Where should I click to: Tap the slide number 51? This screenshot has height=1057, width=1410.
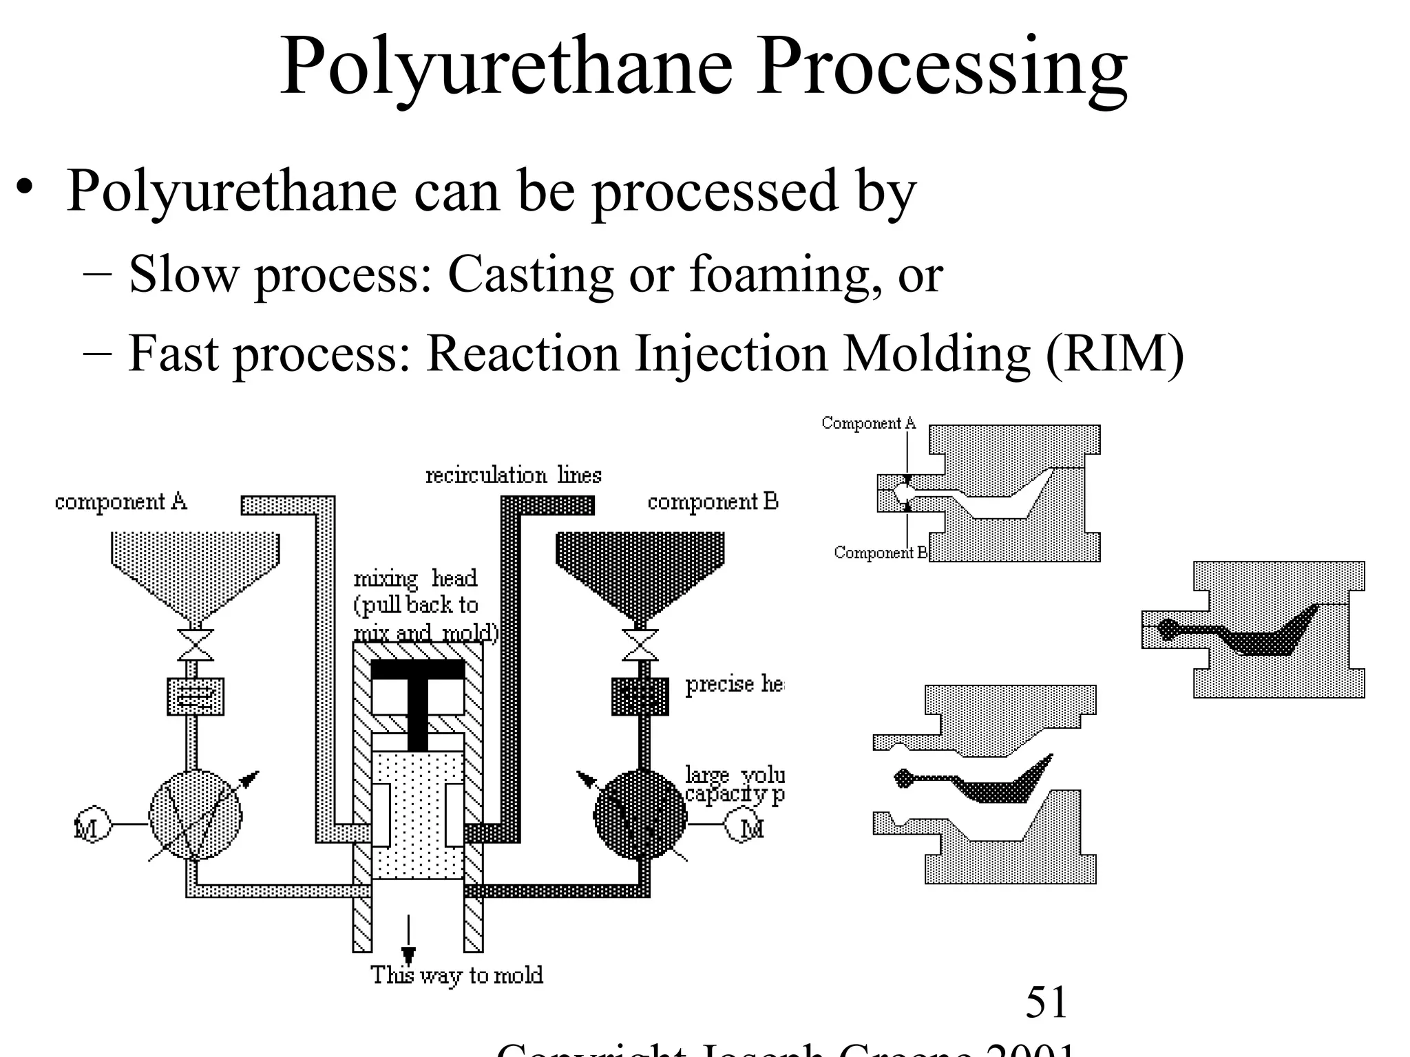point(1046,1002)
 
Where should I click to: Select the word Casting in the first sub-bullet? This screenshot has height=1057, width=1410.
point(530,275)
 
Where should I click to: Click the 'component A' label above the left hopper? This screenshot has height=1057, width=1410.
point(121,502)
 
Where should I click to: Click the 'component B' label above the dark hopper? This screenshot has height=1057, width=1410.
point(713,502)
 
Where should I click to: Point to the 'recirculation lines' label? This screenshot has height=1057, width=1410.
point(513,475)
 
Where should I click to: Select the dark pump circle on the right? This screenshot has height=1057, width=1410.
point(640,814)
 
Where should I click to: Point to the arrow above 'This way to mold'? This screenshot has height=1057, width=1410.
point(409,939)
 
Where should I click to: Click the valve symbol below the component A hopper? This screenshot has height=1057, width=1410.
point(196,644)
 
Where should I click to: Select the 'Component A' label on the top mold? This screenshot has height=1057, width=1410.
point(868,423)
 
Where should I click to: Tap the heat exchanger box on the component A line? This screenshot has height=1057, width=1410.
point(196,696)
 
